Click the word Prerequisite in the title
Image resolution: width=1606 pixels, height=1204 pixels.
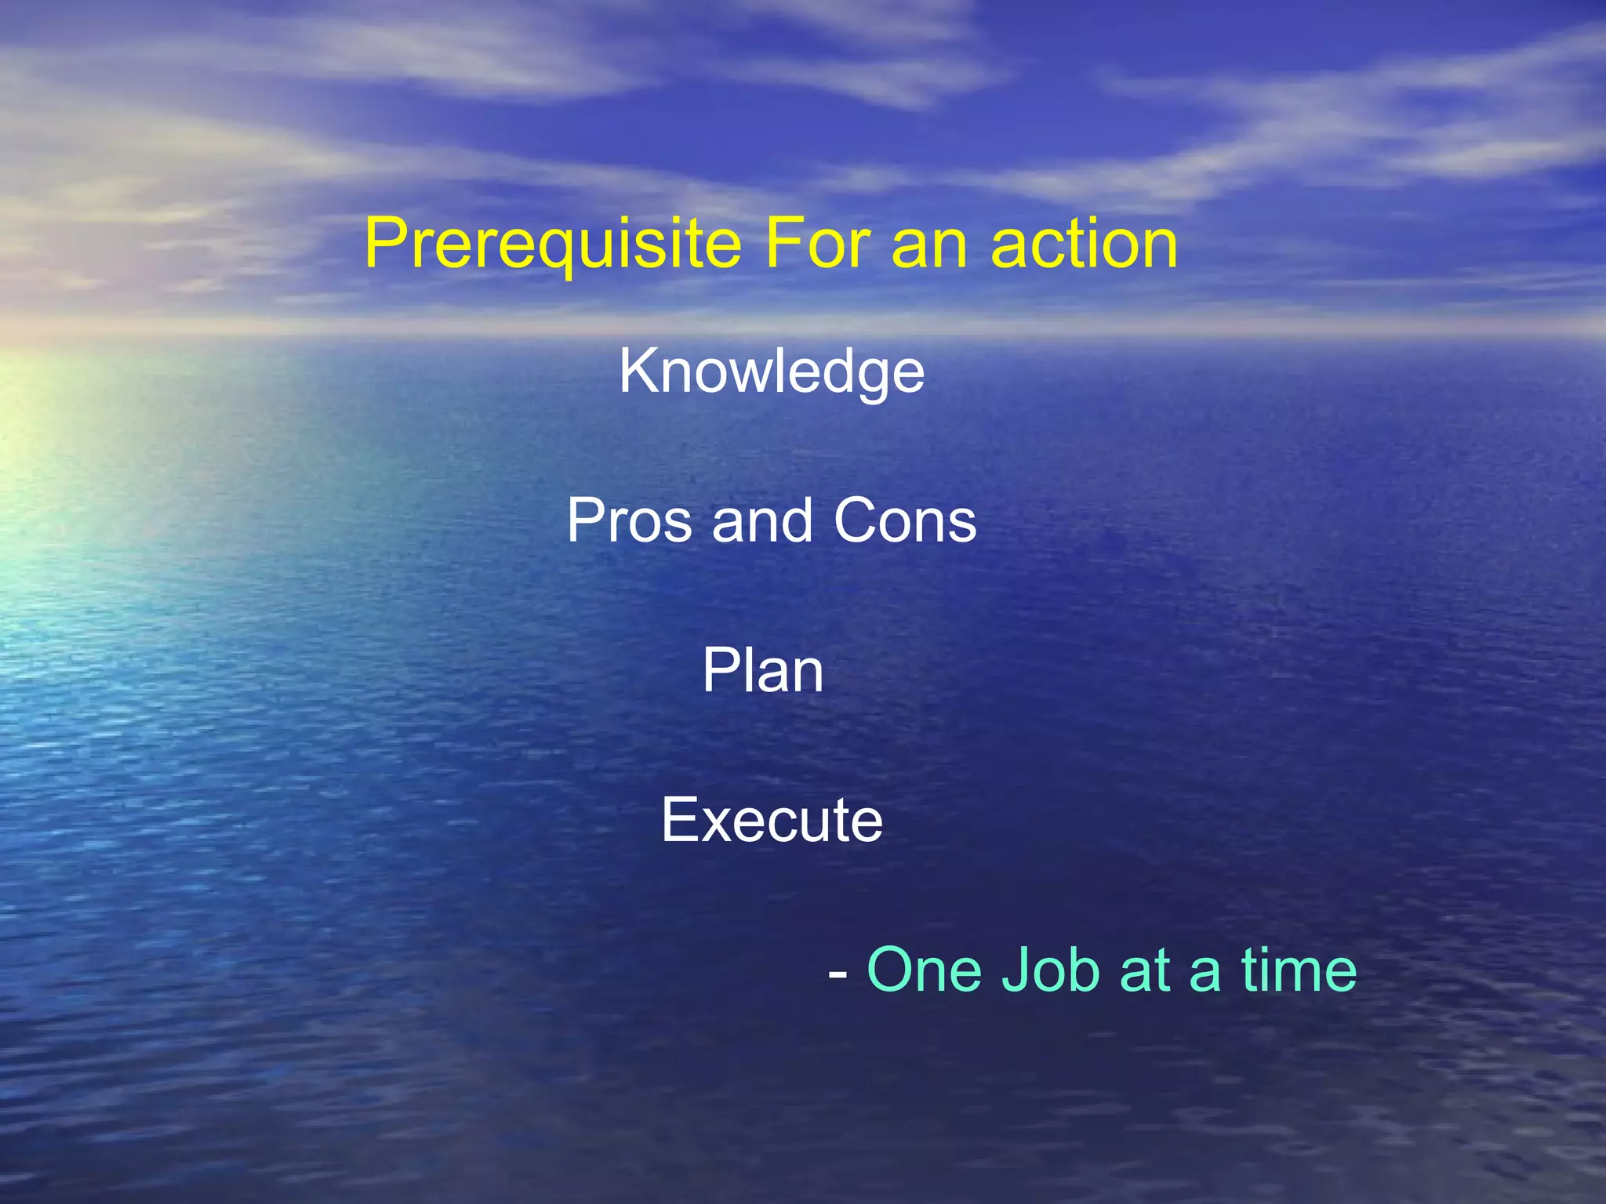[x=553, y=245]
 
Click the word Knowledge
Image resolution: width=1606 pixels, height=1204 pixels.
[x=772, y=372]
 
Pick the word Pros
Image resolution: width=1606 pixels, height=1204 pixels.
[x=630, y=520]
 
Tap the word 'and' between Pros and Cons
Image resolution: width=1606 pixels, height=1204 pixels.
[x=761, y=520]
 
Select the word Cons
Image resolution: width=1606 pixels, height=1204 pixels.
[x=905, y=520]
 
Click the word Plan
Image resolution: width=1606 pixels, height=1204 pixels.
[x=762, y=670]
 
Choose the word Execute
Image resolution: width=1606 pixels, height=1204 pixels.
[x=772, y=820]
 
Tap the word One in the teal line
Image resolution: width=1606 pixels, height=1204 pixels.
[x=924, y=970]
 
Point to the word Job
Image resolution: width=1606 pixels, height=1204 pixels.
[x=1051, y=970]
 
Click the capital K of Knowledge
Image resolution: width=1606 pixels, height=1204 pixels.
[x=637, y=371]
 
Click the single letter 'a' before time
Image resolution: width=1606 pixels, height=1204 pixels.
[x=1204, y=974]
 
